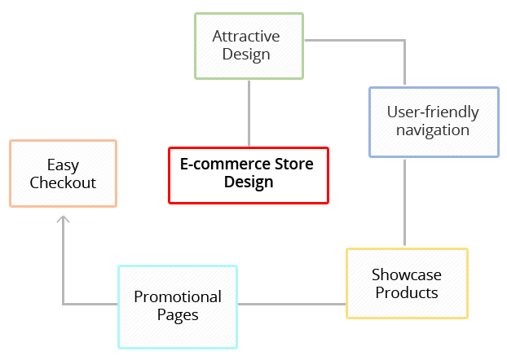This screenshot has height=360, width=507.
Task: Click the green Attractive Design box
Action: click(x=249, y=46)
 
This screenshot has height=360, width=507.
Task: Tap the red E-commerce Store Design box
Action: click(x=249, y=174)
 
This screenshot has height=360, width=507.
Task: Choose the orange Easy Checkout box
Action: click(x=63, y=173)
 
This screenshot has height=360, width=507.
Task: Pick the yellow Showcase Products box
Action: click(x=407, y=283)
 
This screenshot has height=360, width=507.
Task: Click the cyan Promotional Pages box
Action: click(x=178, y=305)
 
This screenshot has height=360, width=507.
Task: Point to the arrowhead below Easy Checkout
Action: click(x=64, y=217)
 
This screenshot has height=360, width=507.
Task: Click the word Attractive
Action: click(x=246, y=37)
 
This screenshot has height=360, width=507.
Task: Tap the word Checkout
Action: click(x=63, y=182)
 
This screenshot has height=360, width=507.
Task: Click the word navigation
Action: click(x=433, y=130)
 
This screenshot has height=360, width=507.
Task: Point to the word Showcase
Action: click(x=407, y=274)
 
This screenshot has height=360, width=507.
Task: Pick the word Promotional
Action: click(x=178, y=296)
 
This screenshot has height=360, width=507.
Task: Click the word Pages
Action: click(x=178, y=314)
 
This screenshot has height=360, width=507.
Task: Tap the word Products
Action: click(x=407, y=292)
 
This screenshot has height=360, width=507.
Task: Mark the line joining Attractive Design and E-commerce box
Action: click(x=249, y=112)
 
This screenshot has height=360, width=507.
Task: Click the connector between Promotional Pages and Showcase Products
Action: click(x=291, y=305)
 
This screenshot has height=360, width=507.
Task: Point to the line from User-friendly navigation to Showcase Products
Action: click(x=405, y=202)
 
